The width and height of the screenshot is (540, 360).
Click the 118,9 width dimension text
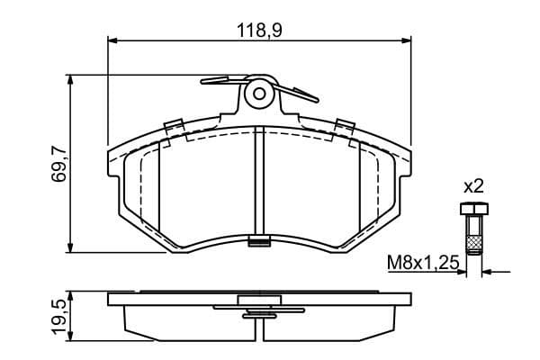click(x=258, y=31)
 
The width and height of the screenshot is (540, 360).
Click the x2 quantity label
click(x=473, y=186)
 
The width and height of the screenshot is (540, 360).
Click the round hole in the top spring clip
click(x=259, y=92)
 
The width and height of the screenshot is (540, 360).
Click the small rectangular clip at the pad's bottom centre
click(x=259, y=240)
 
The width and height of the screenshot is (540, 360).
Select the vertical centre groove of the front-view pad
click(x=259, y=180)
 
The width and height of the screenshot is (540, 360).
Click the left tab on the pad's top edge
click(x=174, y=125)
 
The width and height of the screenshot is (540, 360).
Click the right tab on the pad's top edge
click(x=344, y=125)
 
